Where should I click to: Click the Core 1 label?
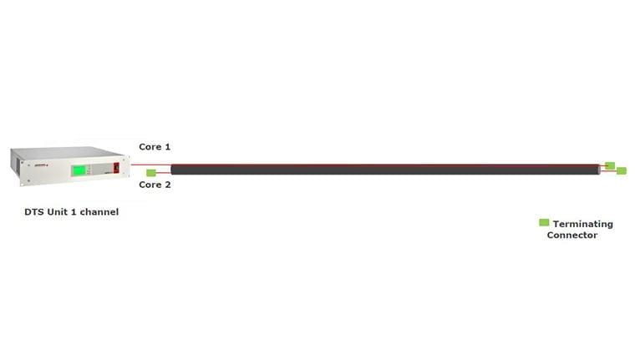click(155, 147)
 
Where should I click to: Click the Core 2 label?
click(155, 185)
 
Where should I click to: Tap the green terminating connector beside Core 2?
click(151, 173)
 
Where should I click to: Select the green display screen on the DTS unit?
click(79, 170)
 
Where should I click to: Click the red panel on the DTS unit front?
click(116, 168)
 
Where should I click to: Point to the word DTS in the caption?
click(34, 212)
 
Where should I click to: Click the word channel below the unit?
click(99, 212)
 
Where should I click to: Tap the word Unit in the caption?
click(57, 212)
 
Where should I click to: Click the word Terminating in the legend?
click(582, 225)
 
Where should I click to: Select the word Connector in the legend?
click(571, 236)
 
